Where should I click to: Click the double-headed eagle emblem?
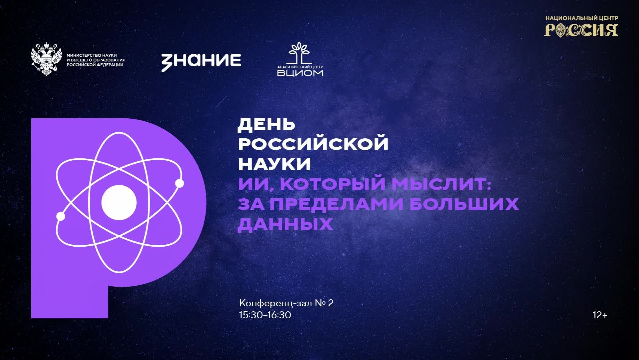[x=47, y=59]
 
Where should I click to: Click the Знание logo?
[x=201, y=61]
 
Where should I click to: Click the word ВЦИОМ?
[x=300, y=73]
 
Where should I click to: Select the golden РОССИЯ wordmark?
[x=581, y=30]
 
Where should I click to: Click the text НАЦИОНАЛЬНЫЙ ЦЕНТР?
[x=581, y=18]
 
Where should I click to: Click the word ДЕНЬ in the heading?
[x=266, y=125]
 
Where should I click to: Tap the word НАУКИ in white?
[x=274, y=164]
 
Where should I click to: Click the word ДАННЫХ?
[x=285, y=224]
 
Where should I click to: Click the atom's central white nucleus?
[x=119, y=202]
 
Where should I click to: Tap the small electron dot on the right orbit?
[x=179, y=183]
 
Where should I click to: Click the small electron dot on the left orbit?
[x=61, y=216]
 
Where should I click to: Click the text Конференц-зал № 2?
[x=286, y=303]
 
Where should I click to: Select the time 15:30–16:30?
[x=265, y=315]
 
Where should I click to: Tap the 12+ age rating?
[x=600, y=315]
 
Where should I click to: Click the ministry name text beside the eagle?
[x=96, y=60]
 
